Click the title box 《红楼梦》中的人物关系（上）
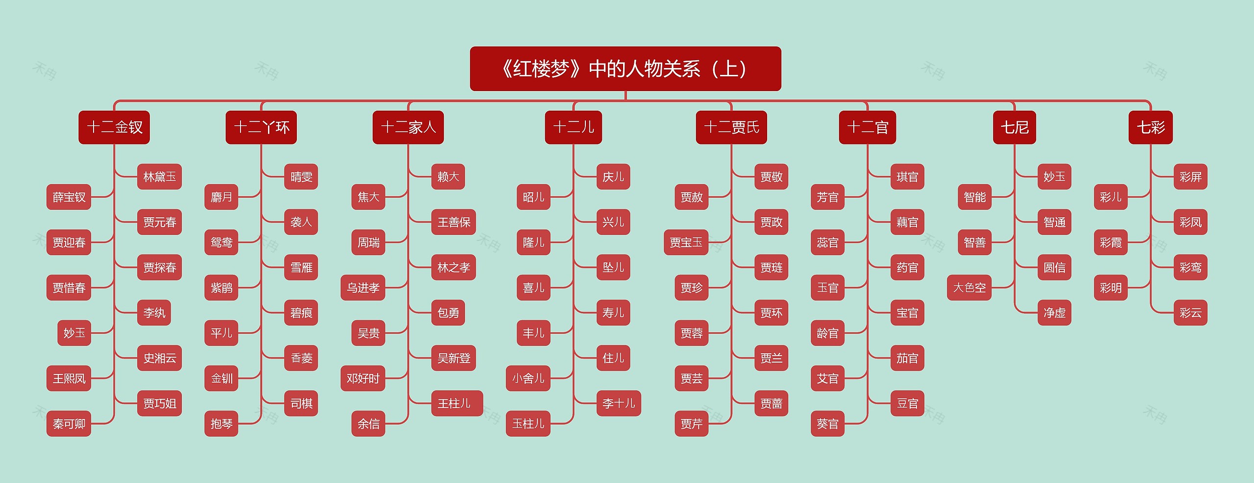point(625,69)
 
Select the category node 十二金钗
point(114,127)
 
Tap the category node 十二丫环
point(261,127)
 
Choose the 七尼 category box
point(1014,127)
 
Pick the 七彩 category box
point(1150,127)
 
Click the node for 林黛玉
point(159,177)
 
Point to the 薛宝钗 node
point(69,197)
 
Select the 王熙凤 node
point(69,378)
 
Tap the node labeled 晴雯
point(301,177)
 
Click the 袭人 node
point(301,222)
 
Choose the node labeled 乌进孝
point(362,288)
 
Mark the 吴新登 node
point(453,358)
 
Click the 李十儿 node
point(618,403)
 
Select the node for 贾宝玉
point(686,242)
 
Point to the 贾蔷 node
point(771,403)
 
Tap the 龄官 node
point(827,333)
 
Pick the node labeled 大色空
point(969,288)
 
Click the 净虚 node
point(1054,313)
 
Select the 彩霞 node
point(1110,242)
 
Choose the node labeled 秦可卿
point(69,424)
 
